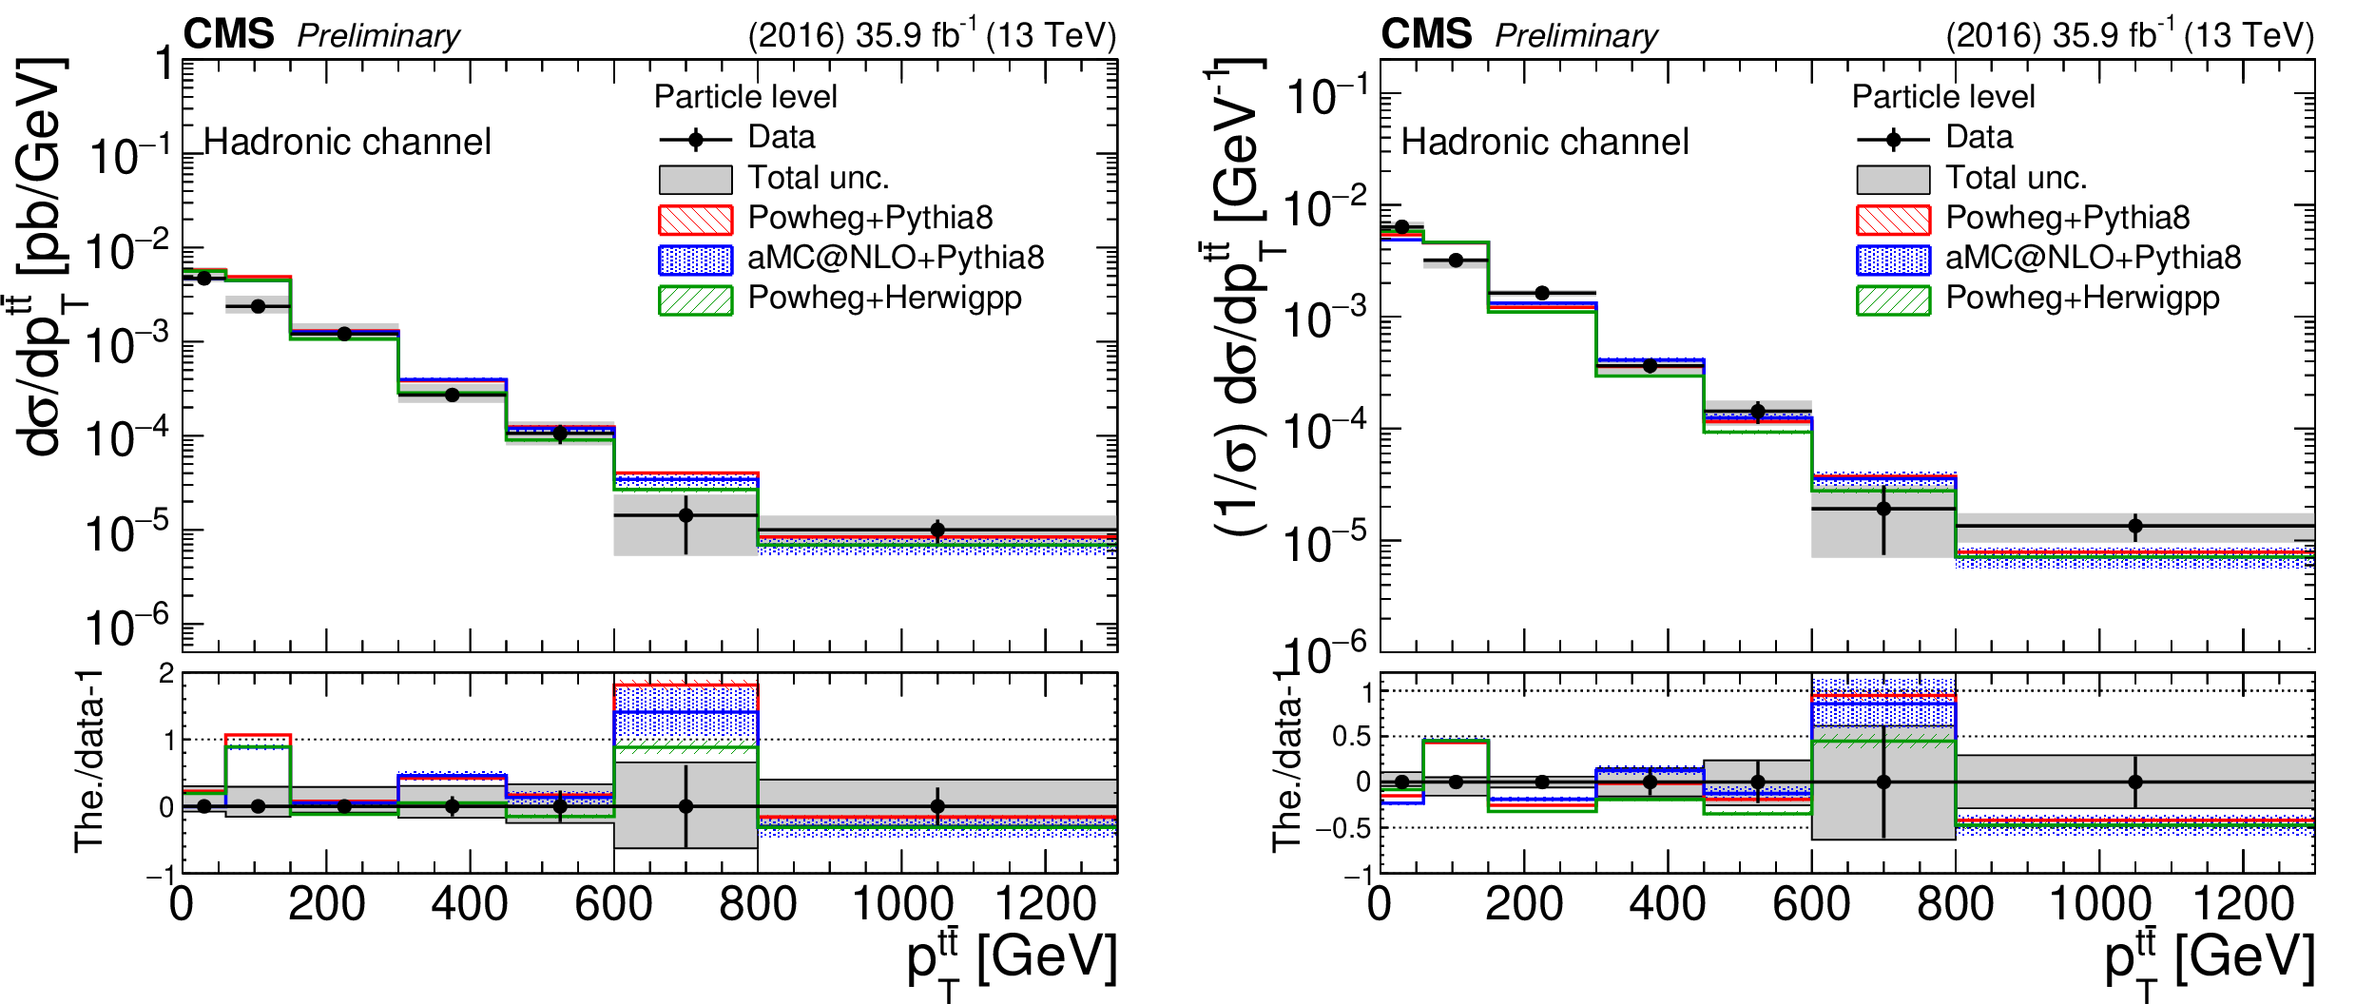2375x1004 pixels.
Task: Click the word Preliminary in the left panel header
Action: [377, 36]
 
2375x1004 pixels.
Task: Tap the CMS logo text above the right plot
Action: [1426, 35]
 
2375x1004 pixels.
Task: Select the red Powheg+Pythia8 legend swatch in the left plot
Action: [695, 220]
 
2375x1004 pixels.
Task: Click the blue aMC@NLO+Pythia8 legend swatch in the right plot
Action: [1893, 260]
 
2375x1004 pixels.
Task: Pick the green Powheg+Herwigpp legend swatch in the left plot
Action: [695, 299]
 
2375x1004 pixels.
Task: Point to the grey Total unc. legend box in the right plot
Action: [1893, 180]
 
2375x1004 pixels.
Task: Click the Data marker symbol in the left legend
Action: [695, 140]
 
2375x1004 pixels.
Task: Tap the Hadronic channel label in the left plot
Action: [347, 143]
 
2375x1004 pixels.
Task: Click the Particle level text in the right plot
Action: [1943, 97]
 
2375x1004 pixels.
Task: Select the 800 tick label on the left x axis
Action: [758, 904]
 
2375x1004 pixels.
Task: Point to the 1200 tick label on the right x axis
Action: [2243, 904]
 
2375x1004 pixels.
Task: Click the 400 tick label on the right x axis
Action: [1668, 904]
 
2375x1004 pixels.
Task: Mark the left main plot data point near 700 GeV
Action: [685, 515]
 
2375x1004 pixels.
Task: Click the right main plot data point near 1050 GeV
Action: [2134, 526]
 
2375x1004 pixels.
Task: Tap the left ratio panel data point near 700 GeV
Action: [685, 806]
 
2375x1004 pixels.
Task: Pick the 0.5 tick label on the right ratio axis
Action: [1351, 737]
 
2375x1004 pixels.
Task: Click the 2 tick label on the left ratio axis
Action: [167, 674]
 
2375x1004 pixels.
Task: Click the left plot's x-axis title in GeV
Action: [1012, 960]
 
